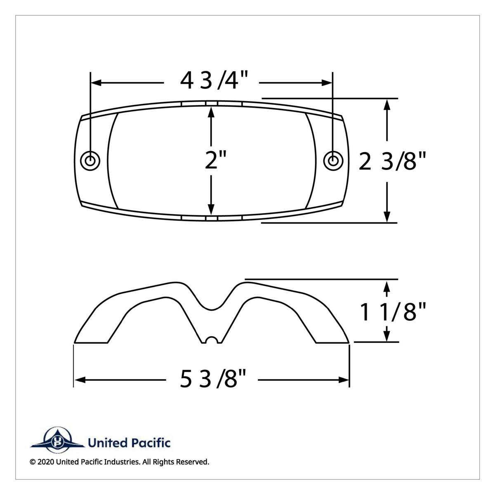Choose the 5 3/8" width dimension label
pyautogui.click(x=213, y=379)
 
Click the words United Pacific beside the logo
pyautogui.click(x=129, y=443)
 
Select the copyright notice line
pyautogui.click(x=120, y=462)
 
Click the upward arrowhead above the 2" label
pyautogui.click(x=211, y=111)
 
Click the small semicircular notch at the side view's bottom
pyautogui.click(x=212, y=340)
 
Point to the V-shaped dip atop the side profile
pyautogui.click(x=212, y=305)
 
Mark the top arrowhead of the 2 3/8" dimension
pyautogui.click(x=387, y=104)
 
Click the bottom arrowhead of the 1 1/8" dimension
pyautogui.click(x=387, y=337)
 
